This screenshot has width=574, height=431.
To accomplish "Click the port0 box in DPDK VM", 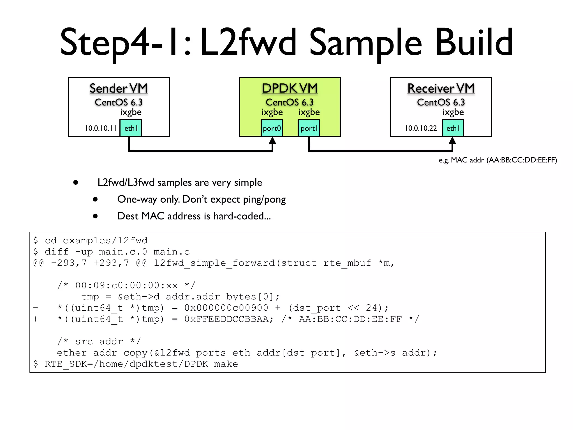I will [272, 128].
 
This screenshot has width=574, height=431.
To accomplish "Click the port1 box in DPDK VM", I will [309, 128].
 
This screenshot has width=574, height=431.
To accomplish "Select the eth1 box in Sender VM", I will [131, 128].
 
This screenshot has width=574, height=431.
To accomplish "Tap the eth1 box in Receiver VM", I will [453, 128].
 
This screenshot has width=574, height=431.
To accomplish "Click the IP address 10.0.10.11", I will [101, 128].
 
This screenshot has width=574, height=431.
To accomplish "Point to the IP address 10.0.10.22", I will [421, 128].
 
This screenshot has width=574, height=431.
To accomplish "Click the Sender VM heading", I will [119, 88].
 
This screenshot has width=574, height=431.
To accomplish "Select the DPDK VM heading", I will [290, 88].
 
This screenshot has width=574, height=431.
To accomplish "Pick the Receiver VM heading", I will [441, 88].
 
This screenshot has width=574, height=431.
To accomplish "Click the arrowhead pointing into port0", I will [272, 140].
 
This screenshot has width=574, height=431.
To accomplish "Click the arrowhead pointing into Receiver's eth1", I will [452, 140].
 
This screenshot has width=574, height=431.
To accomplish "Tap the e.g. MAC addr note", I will [498, 160].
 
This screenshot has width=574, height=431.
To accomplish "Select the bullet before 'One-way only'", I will [95, 200].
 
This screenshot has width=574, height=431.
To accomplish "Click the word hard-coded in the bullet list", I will [242, 216].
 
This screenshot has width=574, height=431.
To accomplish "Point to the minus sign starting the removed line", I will [36, 308].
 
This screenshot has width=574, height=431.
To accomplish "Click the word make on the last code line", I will [226, 364].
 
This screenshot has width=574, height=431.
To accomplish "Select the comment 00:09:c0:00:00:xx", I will [126, 286].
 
